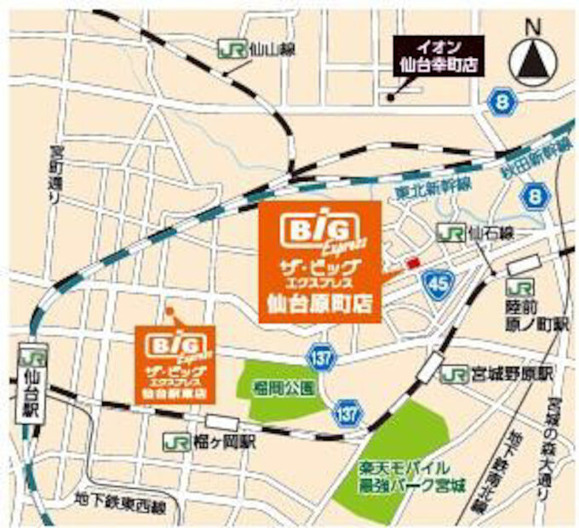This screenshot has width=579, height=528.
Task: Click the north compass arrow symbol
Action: coord(534,60)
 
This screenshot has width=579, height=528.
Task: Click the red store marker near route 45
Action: coord(414,264)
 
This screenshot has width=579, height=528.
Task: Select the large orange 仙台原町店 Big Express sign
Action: coord(319,261)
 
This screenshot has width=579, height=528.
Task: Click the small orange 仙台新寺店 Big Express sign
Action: coord(177,362)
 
